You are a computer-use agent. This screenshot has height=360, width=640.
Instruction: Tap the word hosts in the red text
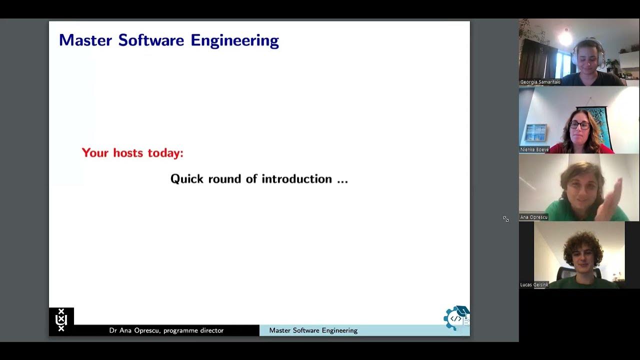click(x=128, y=153)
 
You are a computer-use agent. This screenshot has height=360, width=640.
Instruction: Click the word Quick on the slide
click(x=186, y=179)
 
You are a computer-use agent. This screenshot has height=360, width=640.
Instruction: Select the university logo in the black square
click(x=61, y=320)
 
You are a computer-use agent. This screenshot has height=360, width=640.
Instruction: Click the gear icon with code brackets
click(x=454, y=318)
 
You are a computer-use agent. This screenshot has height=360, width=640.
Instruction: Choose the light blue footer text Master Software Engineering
click(x=313, y=330)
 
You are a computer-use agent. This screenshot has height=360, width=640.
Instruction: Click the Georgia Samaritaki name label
click(x=540, y=82)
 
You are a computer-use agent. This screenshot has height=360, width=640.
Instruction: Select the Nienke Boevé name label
click(x=534, y=149)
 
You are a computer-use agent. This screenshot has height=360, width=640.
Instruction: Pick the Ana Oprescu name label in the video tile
click(x=534, y=217)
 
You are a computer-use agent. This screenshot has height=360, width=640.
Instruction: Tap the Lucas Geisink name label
click(x=534, y=284)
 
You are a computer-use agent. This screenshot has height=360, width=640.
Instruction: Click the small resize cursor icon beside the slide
click(x=506, y=219)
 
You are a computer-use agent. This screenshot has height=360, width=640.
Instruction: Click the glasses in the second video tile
click(x=579, y=125)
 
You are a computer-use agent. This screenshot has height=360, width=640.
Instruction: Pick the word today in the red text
click(x=165, y=153)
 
